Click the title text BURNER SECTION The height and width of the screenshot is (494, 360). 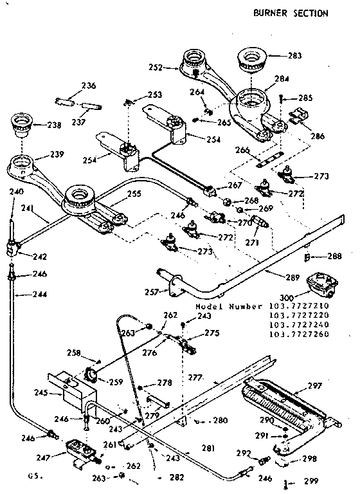[290, 13]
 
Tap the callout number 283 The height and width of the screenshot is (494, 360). [294, 56]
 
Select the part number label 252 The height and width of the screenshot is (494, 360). [172, 66]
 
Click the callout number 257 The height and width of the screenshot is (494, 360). [152, 291]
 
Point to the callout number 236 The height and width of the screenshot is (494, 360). [89, 86]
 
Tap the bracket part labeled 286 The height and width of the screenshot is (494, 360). [297, 116]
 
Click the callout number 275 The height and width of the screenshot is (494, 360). [212, 333]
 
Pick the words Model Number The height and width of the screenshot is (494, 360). [230, 307]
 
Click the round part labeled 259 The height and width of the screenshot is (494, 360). [93, 374]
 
